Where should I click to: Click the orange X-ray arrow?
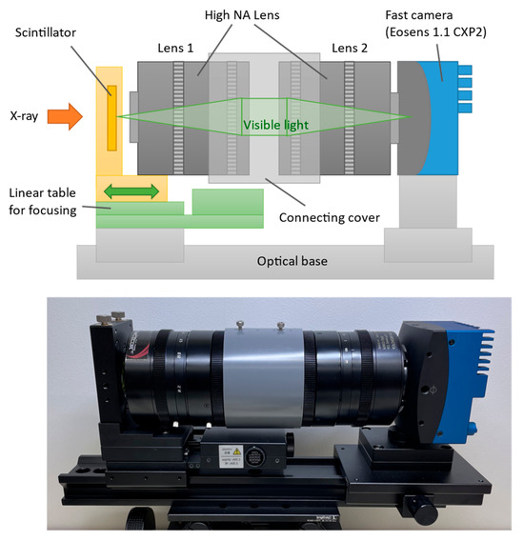65,116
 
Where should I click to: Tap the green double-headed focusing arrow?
131,191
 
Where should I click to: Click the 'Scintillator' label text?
45,32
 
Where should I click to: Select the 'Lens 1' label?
175,48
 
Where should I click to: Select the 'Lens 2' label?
350,48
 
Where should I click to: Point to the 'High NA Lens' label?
242,15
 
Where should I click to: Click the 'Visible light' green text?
275,125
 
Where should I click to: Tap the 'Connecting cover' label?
330,218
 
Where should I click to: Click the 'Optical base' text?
292,261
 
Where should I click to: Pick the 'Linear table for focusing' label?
43,202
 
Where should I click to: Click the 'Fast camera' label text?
418,15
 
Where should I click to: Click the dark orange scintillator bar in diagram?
111,118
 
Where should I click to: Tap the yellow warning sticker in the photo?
237,451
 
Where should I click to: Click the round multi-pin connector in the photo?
254,456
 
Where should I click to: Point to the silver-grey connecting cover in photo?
264,378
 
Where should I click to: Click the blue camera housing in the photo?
463,383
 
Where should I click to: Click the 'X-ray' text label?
24,116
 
